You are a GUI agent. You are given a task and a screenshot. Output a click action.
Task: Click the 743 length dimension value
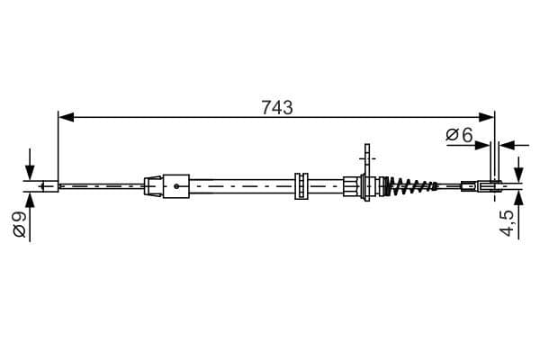click(277, 107)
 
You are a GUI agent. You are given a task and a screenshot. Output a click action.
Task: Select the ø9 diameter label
click(19, 223)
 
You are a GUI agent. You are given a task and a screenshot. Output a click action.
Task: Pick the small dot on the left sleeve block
click(177, 187)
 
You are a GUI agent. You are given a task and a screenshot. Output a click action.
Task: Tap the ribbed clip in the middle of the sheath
click(301, 185)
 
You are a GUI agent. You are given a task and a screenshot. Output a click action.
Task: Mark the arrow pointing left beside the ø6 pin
click(506, 143)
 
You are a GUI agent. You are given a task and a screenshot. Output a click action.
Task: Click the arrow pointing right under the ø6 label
click(484, 143)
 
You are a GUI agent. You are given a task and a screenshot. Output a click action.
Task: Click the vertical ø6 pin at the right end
click(493, 166)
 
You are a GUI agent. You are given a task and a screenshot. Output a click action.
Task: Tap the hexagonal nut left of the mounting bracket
click(350, 187)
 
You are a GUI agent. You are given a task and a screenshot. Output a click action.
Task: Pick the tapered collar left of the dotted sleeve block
click(154, 187)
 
